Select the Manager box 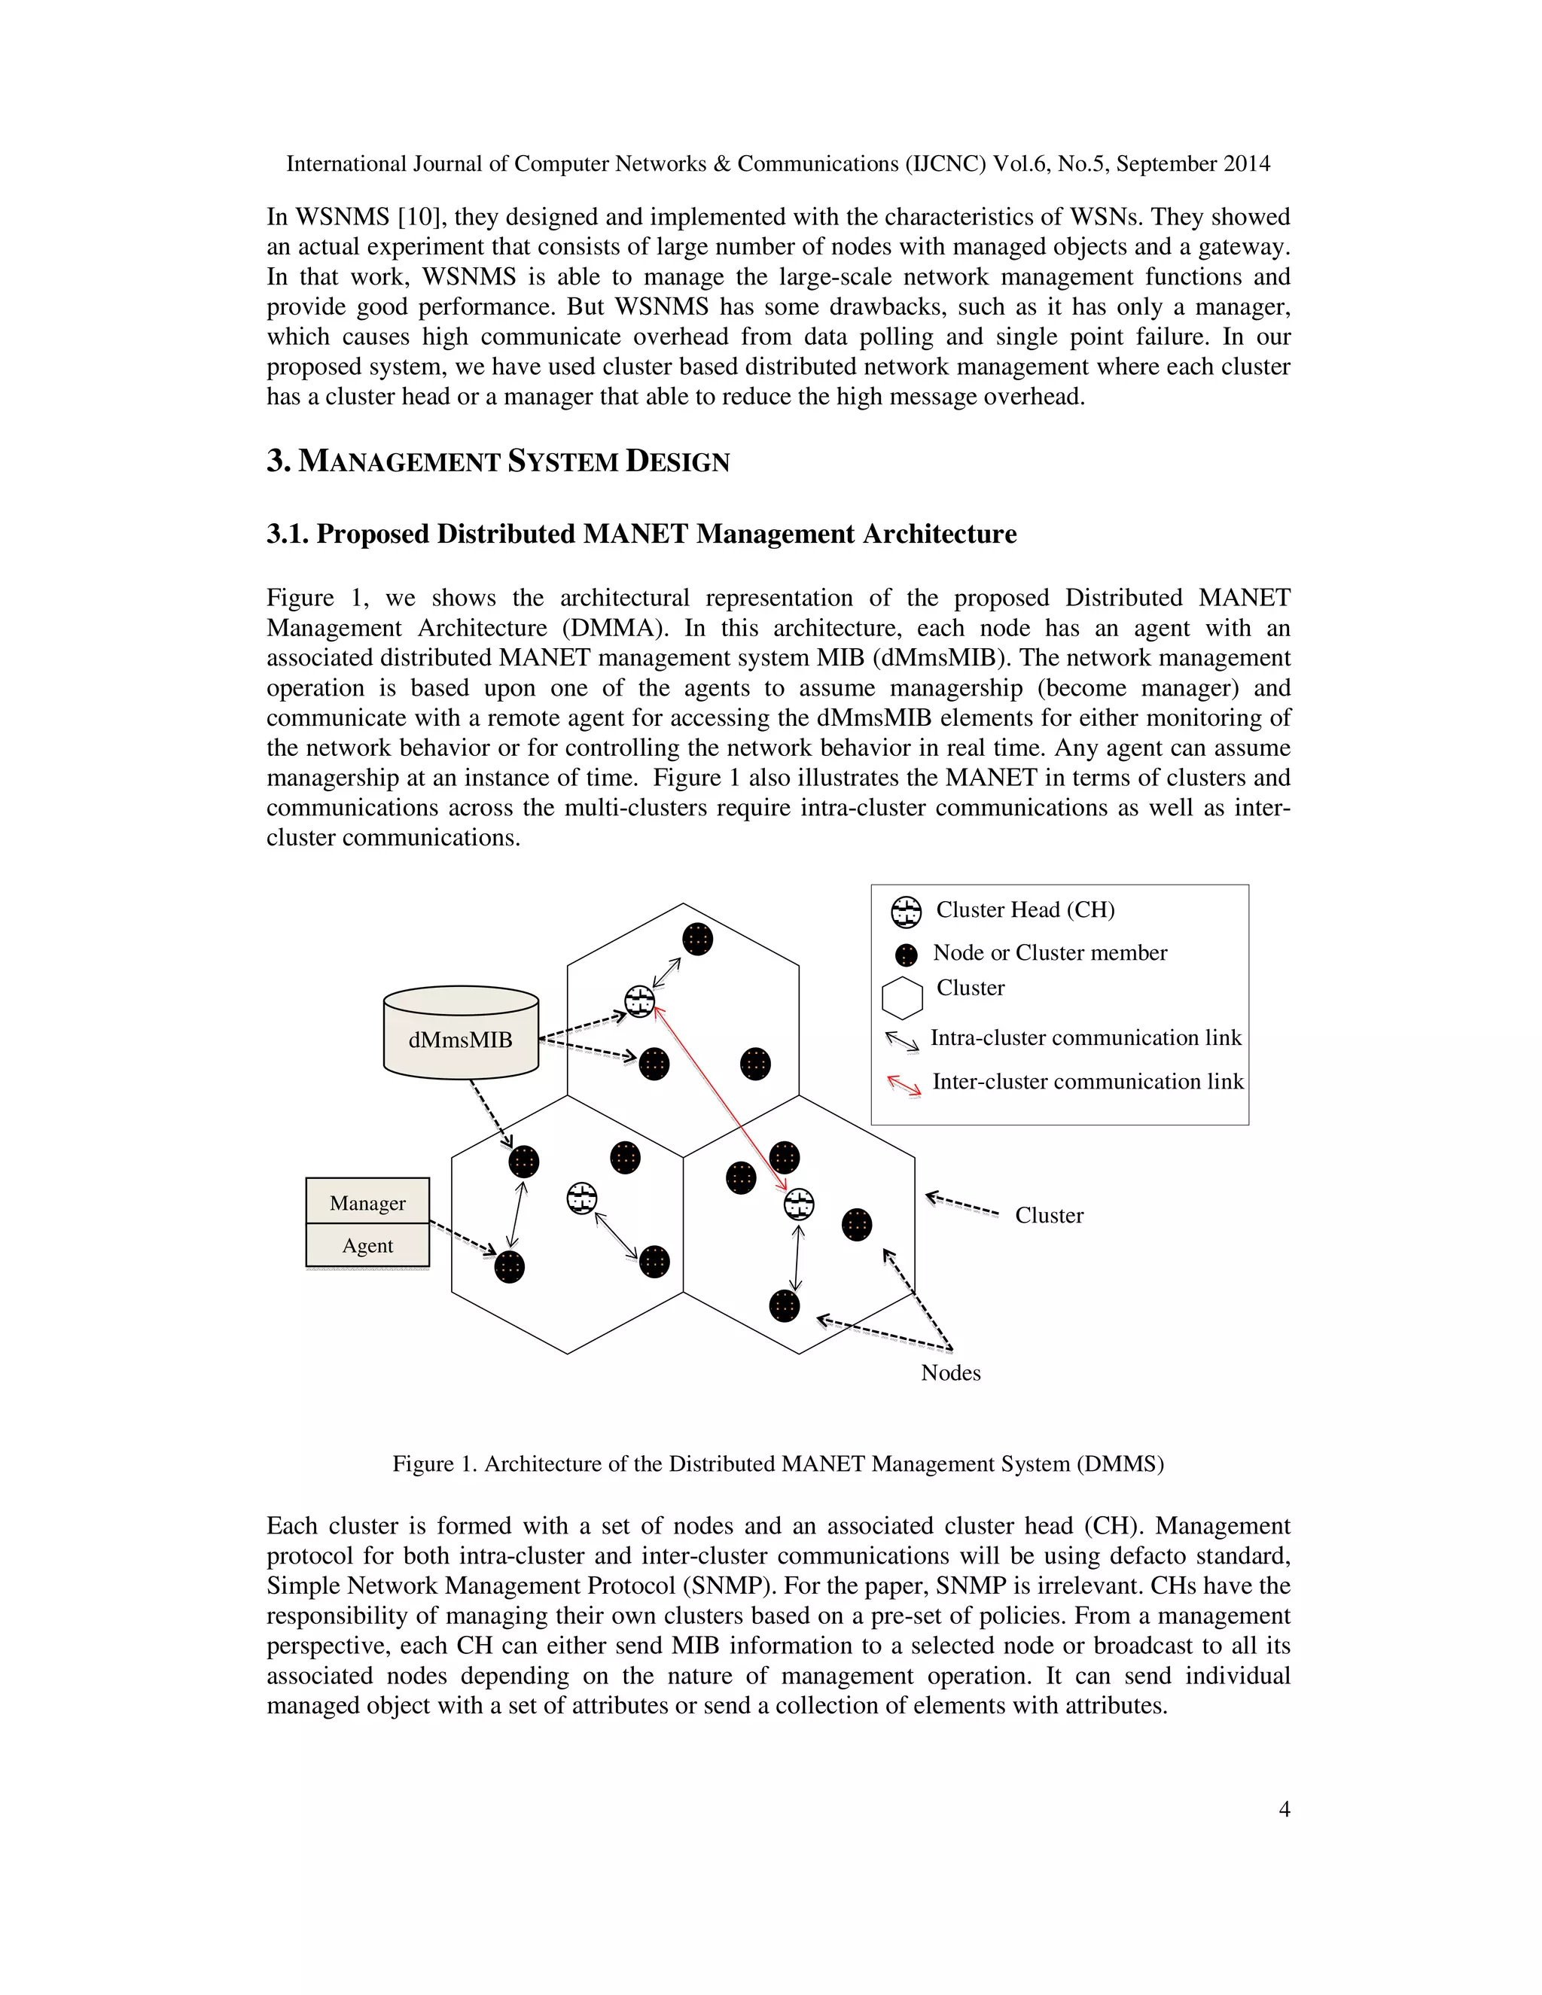click(x=367, y=1202)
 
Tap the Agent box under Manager click(x=367, y=1245)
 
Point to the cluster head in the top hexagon click(x=639, y=1002)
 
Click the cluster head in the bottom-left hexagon click(x=582, y=1199)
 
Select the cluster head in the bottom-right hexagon click(x=800, y=1204)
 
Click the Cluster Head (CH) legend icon click(x=907, y=912)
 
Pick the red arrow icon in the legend click(x=904, y=1084)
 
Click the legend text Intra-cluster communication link click(x=1085, y=1037)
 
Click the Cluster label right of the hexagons click(x=1049, y=1215)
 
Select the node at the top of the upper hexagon click(x=697, y=939)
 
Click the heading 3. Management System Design click(x=498, y=461)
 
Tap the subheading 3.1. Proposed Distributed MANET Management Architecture click(x=641, y=534)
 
